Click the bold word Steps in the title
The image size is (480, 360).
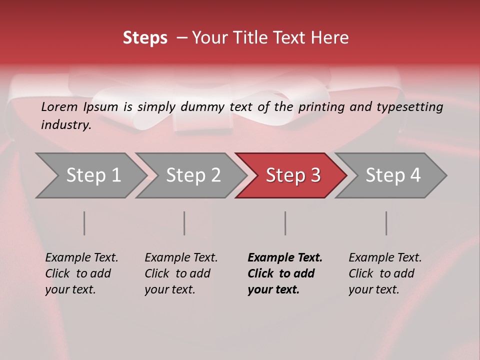145,38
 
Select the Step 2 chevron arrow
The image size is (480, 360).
193,175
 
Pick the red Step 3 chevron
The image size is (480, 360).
293,175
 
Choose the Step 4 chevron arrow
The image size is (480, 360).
393,175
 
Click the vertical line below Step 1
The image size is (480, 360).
84,223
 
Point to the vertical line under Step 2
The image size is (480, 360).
184,223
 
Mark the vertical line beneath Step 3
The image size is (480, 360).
285,223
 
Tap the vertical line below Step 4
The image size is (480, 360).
386,223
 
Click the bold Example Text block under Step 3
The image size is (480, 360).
284,273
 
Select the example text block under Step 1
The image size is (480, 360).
81,273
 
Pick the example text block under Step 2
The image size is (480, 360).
181,273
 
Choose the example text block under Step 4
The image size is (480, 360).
385,273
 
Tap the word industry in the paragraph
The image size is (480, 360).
65,125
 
